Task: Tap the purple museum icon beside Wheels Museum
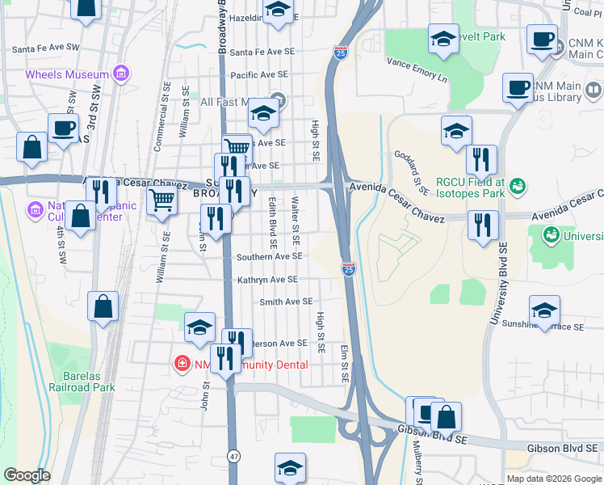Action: pos(121,74)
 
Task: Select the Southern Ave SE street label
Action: pos(269,256)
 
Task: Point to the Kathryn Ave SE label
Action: pos(267,280)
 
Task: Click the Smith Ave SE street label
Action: pos(286,302)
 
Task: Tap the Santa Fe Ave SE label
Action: pos(262,53)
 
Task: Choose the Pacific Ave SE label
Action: pos(260,75)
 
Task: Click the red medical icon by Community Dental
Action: pos(184,365)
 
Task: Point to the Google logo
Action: pos(27,475)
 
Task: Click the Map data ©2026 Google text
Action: pos(553,479)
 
